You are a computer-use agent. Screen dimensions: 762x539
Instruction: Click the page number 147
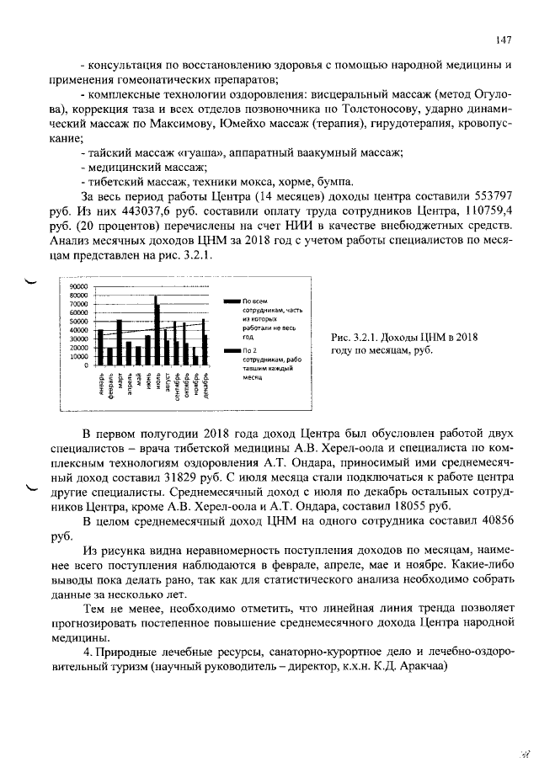[504, 40]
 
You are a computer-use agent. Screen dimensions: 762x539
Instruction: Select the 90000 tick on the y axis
[78, 286]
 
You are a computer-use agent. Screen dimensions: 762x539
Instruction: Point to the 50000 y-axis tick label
[78, 321]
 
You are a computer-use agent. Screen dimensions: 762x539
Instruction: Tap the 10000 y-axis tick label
[78, 356]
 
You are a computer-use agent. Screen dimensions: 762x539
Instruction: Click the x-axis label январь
[100, 383]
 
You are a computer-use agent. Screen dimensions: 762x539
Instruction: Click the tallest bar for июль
[156, 330]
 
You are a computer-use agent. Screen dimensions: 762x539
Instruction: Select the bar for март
[119, 342]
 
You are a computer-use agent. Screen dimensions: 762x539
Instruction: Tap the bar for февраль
[109, 356]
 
